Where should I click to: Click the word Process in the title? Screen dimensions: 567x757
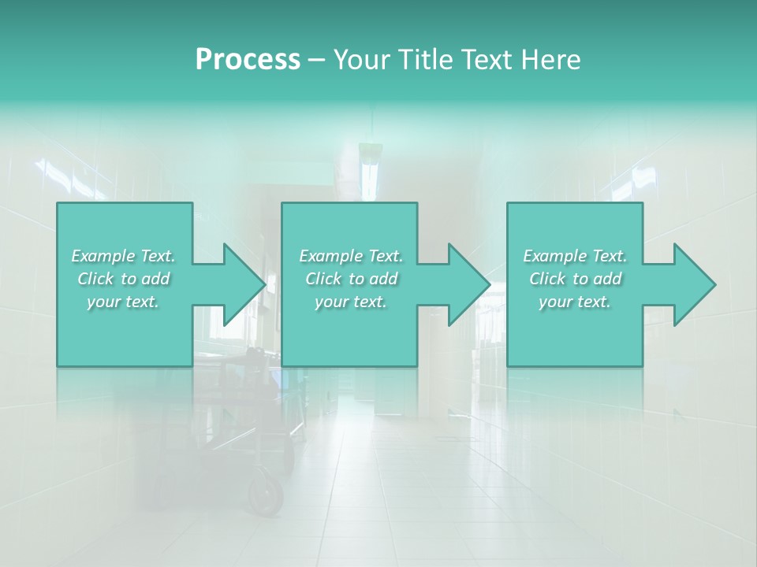click(x=248, y=60)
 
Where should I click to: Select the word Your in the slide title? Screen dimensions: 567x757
click(x=359, y=60)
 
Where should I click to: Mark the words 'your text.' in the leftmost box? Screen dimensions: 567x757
click(x=123, y=302)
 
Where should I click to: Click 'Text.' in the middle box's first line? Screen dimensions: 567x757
click(x=385, y=256)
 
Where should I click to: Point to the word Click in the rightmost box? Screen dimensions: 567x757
click(x=548, y=279)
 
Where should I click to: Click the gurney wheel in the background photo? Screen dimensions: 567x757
click(x=267, y=495)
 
